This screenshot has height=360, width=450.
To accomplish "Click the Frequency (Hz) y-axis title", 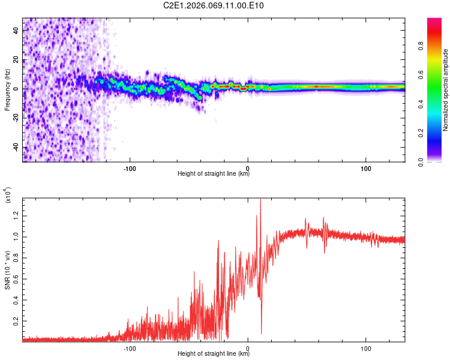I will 8,89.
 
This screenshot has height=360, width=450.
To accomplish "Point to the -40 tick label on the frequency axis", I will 17,147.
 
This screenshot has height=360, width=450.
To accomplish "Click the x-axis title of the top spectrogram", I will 214,175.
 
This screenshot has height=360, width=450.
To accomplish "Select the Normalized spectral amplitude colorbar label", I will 446,90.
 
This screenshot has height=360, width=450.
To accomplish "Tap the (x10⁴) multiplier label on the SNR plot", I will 8,195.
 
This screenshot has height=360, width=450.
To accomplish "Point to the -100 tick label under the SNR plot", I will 130,348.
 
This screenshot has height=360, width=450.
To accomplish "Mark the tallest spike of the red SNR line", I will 260,200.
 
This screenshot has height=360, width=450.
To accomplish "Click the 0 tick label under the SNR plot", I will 248,348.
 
